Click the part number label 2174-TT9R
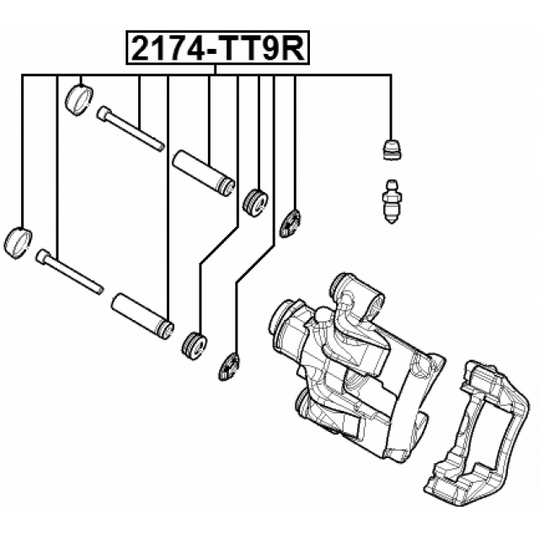(x=218, y=49)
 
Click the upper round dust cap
(x=78, y=99)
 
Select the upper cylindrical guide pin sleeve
(x=202, y=172)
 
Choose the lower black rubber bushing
(x=195, y=345)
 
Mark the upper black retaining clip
(x=291, y=222)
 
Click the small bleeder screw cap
(x=391, y=149)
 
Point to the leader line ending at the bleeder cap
(x=391, y=105)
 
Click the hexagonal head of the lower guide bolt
(x=44, y=256)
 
